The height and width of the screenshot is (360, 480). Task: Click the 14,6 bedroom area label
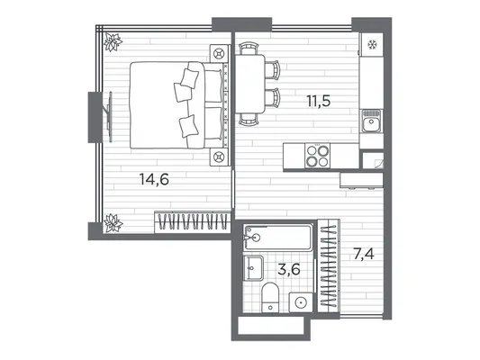[154, 179]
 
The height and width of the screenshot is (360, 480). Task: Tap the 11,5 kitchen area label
[319, 101]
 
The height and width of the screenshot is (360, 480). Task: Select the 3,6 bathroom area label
[289, 269]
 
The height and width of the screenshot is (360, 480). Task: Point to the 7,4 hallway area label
[363, 254]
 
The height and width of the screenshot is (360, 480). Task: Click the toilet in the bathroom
[270, 297]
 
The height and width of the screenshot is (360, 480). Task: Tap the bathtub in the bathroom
[278, 238]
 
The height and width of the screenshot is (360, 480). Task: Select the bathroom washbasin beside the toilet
[253, 268]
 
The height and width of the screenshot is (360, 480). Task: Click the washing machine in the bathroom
[301, 302]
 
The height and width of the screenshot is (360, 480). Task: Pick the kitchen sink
[371, 121]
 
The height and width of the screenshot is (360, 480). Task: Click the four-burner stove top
[318, 156]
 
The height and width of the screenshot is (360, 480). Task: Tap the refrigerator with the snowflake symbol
[372, 45]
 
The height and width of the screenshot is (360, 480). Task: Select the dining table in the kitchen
[250, 84]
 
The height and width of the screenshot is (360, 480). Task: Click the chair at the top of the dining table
[249, 49]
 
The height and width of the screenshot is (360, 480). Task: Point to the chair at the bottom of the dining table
[249, 119]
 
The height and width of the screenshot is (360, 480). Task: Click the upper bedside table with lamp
[220, 54]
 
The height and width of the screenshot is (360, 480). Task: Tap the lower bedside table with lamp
[220, 157]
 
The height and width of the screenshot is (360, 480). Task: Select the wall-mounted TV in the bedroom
[109, 117]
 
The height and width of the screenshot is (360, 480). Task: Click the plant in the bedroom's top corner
[113, 42]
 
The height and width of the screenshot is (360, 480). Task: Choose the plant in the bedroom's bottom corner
[113, 223]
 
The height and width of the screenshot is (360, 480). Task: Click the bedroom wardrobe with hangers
[193, 222]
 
